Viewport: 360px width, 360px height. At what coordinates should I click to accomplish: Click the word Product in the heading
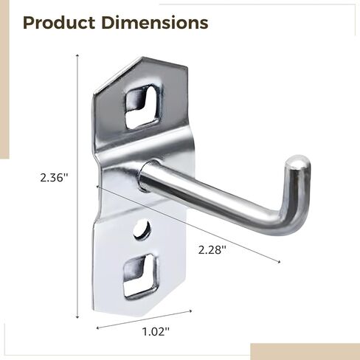pyautogui.click(x=59, y=23)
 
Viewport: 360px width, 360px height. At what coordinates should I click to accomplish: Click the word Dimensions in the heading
pyautogui.click(x=155, y=23)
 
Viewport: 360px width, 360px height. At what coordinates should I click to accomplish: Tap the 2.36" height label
pyautogui.click(x=54, y=178)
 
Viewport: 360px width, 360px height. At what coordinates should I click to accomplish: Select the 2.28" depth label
pyautogui.click(x=212, y=250)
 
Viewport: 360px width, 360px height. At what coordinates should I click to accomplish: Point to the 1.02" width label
pyautogui.click(x=156, y=332)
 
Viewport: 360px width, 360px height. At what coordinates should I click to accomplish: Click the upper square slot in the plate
pyautogui.click(x=142, y=107)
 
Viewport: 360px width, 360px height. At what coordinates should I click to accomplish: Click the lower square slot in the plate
pyautogui.click(x=140, y=277)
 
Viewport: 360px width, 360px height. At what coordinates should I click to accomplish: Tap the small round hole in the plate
pyautogui.click(x=142, y=230)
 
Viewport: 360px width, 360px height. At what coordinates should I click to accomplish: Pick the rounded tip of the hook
pyautogui.click(x=298, y=162)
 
